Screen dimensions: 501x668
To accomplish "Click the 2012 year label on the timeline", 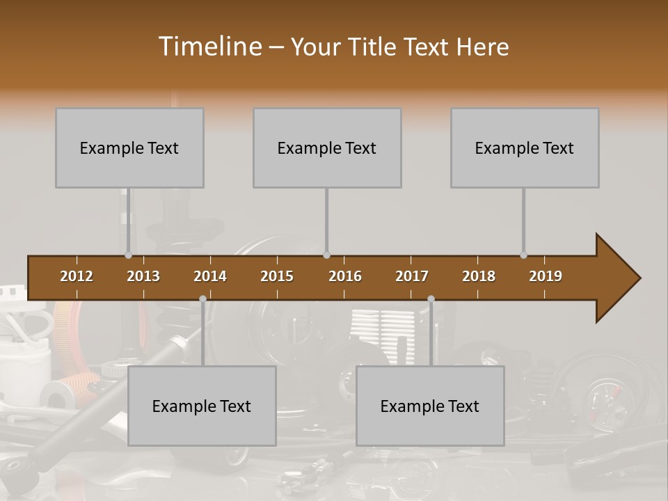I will click(77, 276).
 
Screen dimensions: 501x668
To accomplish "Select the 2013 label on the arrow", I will click(143, 276).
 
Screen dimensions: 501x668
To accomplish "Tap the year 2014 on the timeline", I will click(210, 276).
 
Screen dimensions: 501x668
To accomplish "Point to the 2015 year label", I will click(277, 276).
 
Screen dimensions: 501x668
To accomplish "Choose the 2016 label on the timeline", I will click(345, 276).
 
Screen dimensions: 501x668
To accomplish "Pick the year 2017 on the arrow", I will click(412, 276).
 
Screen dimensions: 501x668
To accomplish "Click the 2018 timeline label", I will click(479, 276).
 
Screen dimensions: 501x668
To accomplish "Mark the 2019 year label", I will click(546, 276).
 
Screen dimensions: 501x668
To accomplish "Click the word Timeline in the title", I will click(209, 47).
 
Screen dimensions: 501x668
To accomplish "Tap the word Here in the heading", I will click(482, 47).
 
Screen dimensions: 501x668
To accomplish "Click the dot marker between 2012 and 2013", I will click(128, 255).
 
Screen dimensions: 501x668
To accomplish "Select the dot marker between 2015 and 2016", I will click(326, 255).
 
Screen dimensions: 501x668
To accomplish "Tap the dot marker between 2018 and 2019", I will click(523, 255).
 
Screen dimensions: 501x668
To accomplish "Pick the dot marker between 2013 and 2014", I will click(202, 299).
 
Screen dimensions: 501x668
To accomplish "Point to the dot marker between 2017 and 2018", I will click(431, 299).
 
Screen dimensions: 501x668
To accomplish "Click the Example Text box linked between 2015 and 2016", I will click(327, 148).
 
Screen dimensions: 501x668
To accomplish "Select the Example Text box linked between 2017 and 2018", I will click(430, 406).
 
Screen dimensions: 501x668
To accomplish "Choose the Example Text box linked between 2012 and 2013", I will click(129, 148).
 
